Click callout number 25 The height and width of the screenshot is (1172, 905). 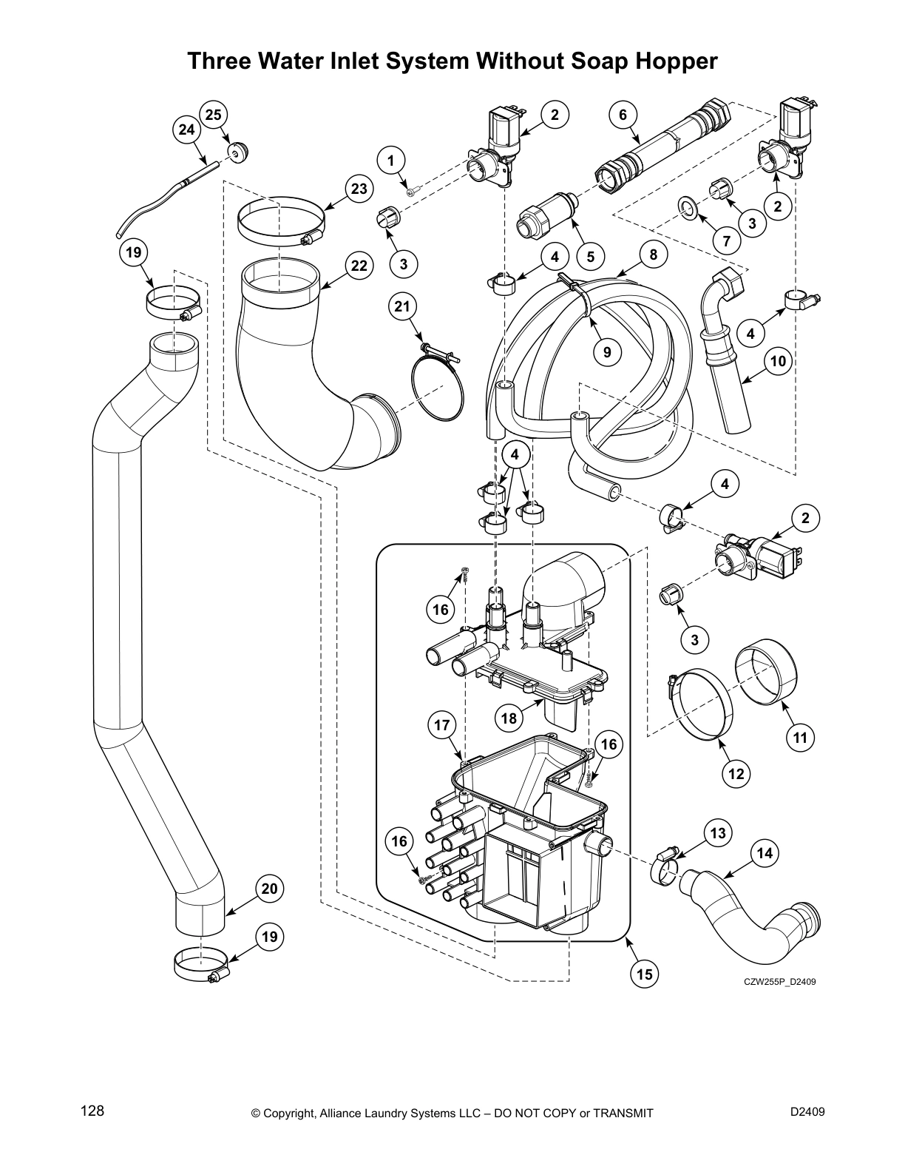pos(213,114)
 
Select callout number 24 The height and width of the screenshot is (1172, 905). pos(186,129)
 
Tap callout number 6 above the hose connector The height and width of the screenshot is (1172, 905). pos(623,114)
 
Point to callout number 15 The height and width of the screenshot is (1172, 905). pos(645,974)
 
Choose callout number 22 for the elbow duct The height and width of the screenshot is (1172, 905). pos(359,266)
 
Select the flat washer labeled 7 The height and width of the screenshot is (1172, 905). pos(687,209)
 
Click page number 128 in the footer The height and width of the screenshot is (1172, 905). pos(92,1111)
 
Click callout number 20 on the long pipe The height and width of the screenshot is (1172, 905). pos(270,888)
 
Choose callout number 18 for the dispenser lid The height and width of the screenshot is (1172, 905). pos(508,718)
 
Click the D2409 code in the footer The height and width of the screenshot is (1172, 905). pos(807,1111)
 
